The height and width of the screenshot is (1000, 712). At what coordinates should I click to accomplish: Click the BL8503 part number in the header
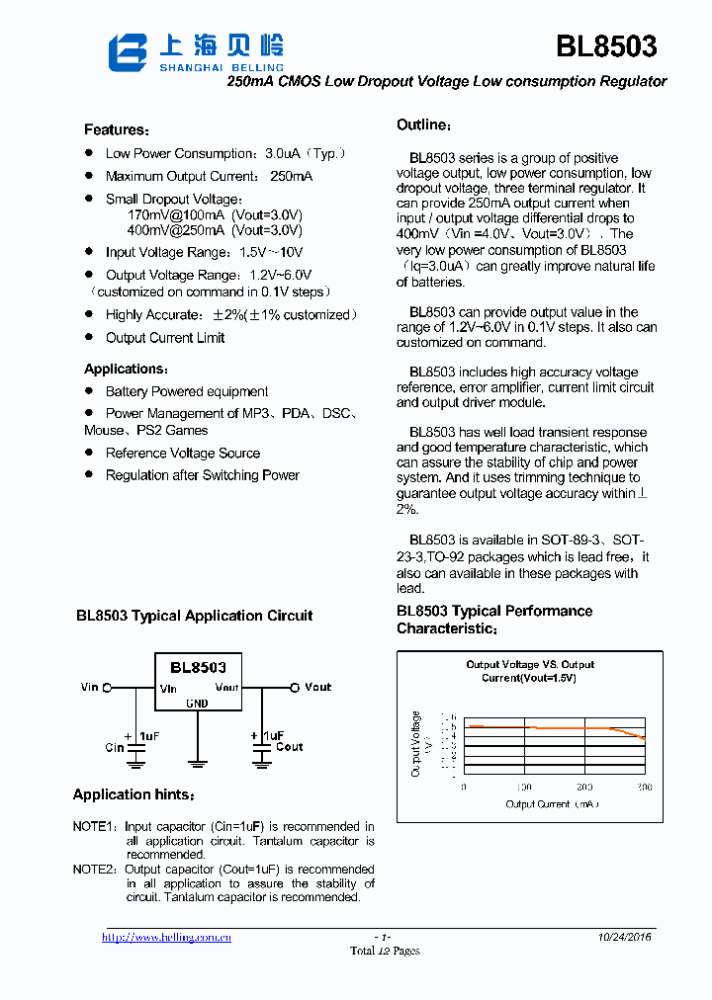tap(605, 46)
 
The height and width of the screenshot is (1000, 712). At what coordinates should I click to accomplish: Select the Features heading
tap(117, 130)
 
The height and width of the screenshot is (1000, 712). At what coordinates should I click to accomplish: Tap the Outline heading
tap(423, 125)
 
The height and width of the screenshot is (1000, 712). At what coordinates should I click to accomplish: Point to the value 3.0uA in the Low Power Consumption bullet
tap(283, 154)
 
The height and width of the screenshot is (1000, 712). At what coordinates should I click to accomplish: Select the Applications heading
tap(123, 370)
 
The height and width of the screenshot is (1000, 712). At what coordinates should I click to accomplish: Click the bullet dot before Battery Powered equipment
tap(88, 391)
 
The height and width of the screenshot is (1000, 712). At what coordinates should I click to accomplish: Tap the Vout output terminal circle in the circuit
tap(294, 688)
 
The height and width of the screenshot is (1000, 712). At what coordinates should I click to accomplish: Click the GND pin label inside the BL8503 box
tap(197, 704)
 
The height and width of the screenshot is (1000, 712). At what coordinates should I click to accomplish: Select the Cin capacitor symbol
tap(136, 754)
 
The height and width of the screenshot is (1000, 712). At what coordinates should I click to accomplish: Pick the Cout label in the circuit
tap(289, 747)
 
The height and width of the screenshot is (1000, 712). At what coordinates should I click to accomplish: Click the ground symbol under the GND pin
tap(197, 762)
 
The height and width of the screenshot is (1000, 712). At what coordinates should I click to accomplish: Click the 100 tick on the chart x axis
tap(524, 788)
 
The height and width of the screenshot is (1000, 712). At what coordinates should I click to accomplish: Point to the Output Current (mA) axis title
tap(552, 804)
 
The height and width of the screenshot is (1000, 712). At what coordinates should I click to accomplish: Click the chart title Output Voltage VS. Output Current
tap(530, 671)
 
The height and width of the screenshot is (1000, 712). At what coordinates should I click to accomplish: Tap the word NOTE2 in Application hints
tap(94, 870)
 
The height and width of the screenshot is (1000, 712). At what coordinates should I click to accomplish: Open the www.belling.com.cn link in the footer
tap(166, 937)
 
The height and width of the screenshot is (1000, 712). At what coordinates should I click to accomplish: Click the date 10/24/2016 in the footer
tap(624, 937)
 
